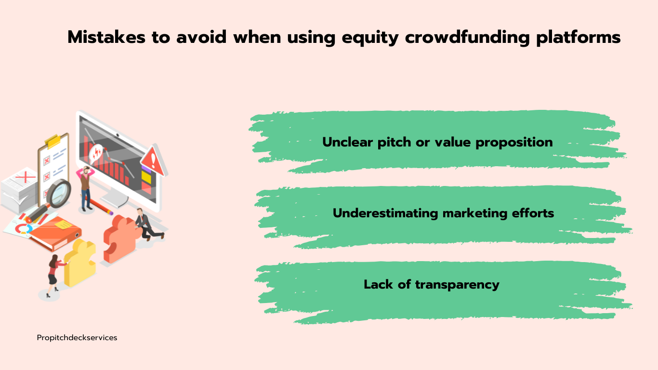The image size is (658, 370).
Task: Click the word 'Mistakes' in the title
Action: click(x=106, y=37)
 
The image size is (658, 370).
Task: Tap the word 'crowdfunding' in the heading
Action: click(x=467, y=37)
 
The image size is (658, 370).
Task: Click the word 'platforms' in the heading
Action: click(x=579, y=38)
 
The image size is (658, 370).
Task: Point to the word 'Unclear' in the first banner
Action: click(x=347, y=142)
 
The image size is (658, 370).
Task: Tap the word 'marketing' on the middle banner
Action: click(x=474, y=213)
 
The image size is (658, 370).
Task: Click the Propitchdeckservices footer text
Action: click(x=77, y=338)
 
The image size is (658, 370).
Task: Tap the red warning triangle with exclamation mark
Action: click(x=153, y=161)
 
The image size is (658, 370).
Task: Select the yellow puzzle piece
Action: click(x=79, y=263)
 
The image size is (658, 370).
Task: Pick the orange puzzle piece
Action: click(x=121, y=238)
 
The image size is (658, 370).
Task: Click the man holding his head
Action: click(x=85, y=188)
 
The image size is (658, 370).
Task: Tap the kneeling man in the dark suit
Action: click(x=148, y=224)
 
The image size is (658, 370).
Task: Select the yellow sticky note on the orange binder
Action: click(x=63, y=225)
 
